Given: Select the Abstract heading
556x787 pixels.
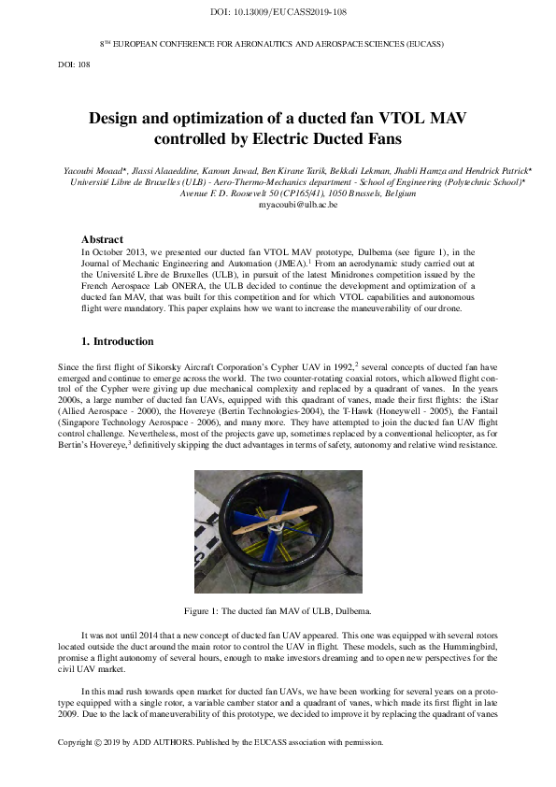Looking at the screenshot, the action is tap(102, 239).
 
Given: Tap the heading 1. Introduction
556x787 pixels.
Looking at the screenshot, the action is tap(116, 341).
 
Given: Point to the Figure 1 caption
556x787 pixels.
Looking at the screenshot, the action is tap(278, 610).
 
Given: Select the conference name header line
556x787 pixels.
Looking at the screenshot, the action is tap(271, 44).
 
